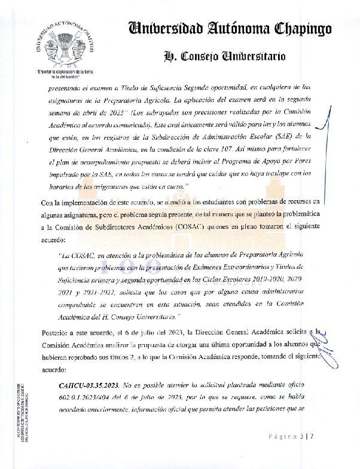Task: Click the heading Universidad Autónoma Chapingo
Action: (225, 28)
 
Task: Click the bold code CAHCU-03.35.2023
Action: (89, 385)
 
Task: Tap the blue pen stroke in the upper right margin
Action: (324, 119)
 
